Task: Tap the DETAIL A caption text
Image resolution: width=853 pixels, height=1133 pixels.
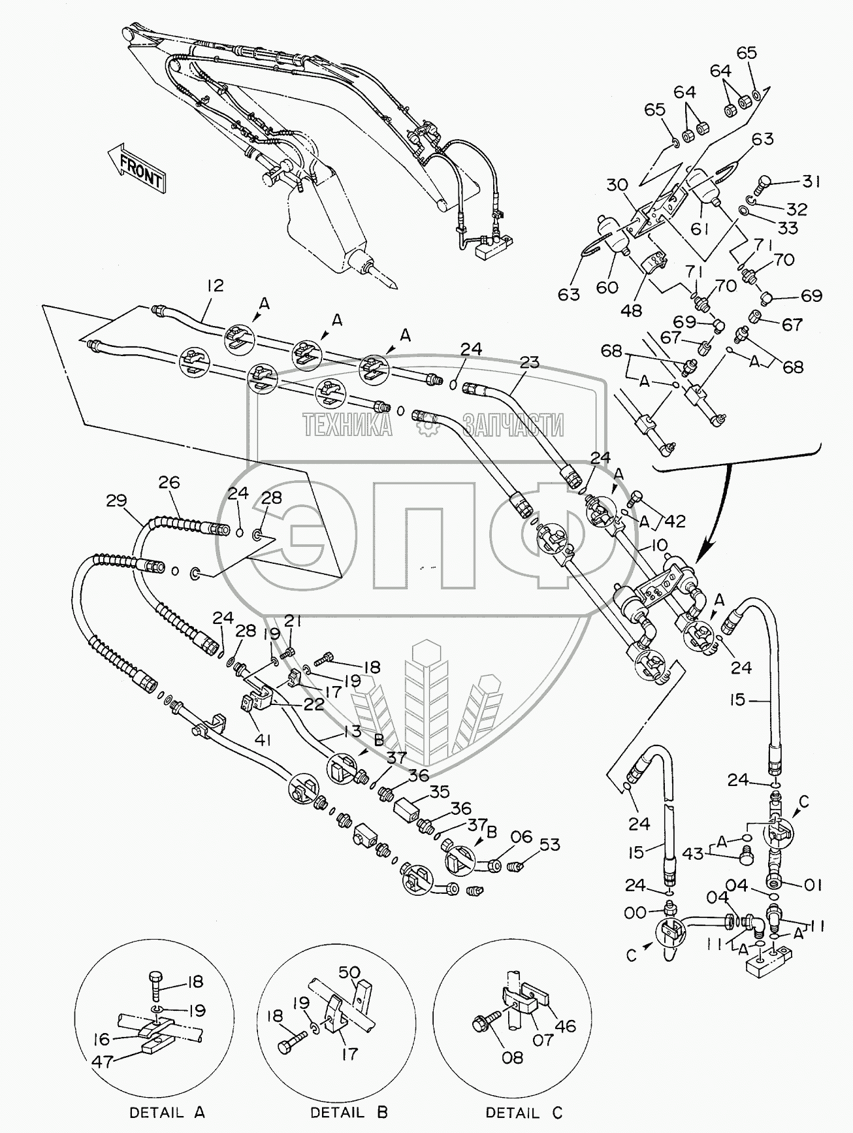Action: [x=167, y=1112]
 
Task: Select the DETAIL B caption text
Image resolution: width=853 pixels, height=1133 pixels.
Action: [x=349, y=1112]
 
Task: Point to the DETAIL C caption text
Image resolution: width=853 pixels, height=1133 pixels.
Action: [x=524, y=1112]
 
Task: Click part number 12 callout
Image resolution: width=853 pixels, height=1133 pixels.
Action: [x=215, y=286]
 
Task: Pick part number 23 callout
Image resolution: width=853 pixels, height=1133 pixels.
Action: [x=530, y=361]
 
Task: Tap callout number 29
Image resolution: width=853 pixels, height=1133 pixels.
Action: [x=117, y=502]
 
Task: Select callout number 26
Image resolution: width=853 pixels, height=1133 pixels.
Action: [x=169, y=483]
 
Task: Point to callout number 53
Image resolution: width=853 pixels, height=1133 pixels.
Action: [x=550, y=845]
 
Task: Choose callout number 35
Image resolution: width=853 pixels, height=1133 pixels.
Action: [x=440, y=793]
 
